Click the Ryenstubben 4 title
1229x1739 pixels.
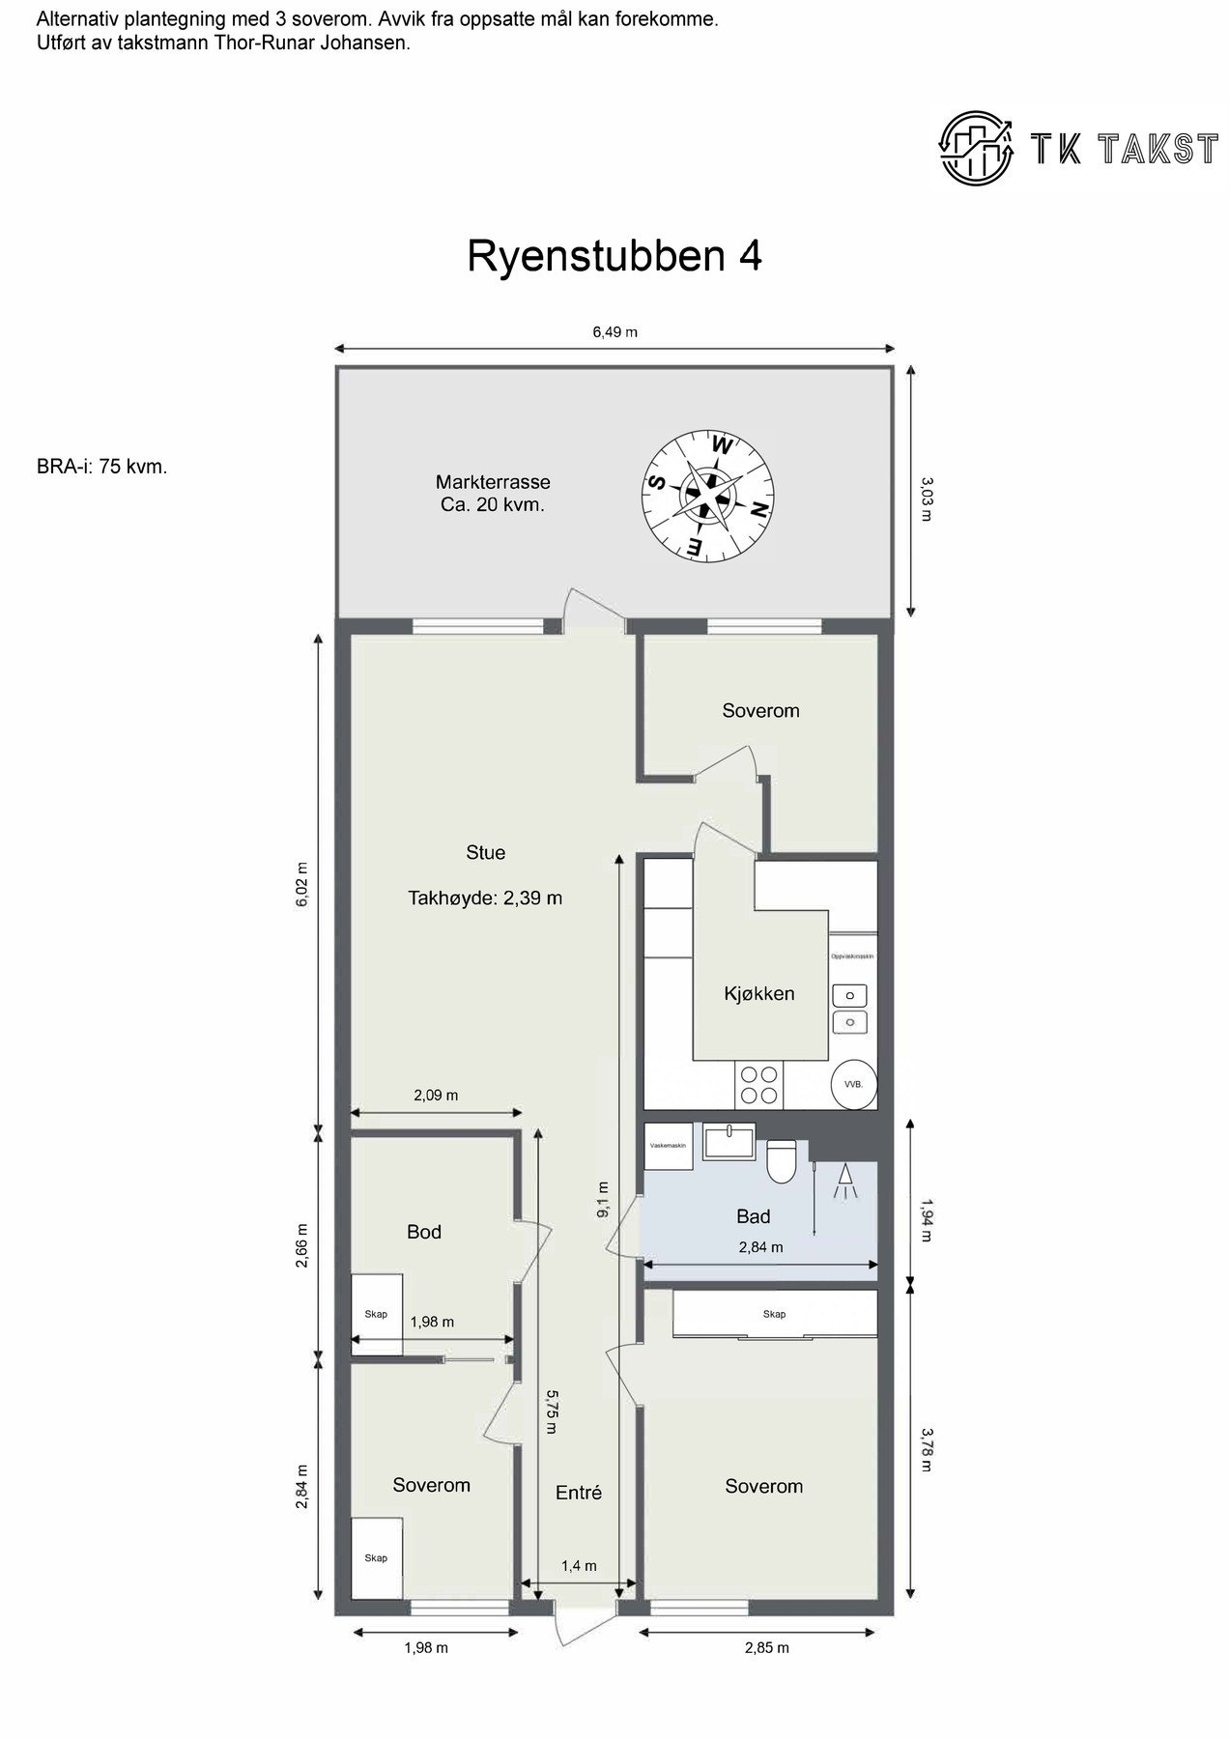pyautogui.click(x=614, y=257)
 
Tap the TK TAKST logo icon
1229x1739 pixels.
pyautogui.click(x=976, y=148)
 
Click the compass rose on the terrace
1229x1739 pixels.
pyautogui.click(x=709, y=494)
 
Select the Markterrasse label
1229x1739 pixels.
pyautogui.click(x=493, y=482)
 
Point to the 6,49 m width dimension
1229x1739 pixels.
pyautogui.click(x=614, y=332)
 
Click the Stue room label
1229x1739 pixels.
pyautogui.click(x=485, y=852)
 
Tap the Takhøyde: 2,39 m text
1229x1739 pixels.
pyautogui.click(x=485, y=898)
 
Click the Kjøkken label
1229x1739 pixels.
pyautogui.click(x=758, y=993)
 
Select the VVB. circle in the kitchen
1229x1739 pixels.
pyautogui.click(x=854, y=1084)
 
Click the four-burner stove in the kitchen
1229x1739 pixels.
pyautogui.click(x=758, y=1085)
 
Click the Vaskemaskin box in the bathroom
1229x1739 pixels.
pyautogui.click(x=669, y=1146)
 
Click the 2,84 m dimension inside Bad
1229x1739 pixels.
pyautogui.click(x=760, y=1247)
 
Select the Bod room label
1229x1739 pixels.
pyautogui.click(x=423, y=1232)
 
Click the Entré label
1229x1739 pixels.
pyautogui.click(x=578, y=1493)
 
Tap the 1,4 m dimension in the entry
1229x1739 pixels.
pyautogui.click(x=579, y=1566)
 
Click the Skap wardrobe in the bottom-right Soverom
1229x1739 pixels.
pyautogui.click(x=774, y=1314)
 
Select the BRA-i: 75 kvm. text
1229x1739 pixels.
pyautogui.click(x=102, y=467)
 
